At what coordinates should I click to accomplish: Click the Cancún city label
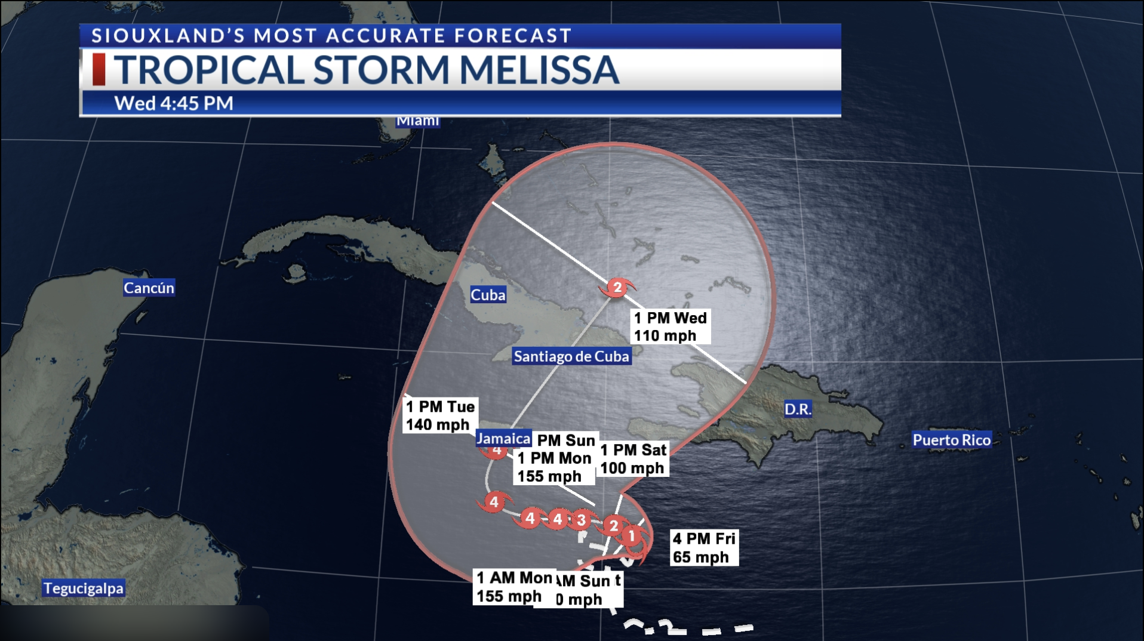tap(149, 288)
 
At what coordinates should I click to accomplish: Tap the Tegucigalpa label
tap(84, 588)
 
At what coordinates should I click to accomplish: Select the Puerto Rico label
tap(951, 440)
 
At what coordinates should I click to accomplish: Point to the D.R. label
tap(798, 409)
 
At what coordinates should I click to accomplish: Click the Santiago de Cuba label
tap(571, 356)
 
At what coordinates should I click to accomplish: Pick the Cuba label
tap(488, 295)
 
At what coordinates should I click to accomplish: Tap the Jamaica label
tap(503, 439)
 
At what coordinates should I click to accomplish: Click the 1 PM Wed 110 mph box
tap(670, 327)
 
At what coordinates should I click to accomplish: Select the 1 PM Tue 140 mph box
tap(441, 415)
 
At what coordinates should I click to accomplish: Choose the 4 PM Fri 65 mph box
tap(704, 548)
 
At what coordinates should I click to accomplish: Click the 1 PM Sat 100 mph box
tap(633, 459)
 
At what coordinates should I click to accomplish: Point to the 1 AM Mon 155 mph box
tap(513, 587)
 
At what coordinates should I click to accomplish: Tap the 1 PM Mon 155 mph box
tap(553, 467)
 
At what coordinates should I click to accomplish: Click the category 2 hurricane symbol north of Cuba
tap(617, 288)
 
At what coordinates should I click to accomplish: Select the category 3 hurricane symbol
tap(581, 520)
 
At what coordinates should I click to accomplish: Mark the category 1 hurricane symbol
tap(632, 536)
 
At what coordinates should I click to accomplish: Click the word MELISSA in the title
tap(539, 70)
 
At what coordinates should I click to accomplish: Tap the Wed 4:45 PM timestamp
tap(174, 103)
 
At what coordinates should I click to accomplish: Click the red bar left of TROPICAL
tap(99, 69)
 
